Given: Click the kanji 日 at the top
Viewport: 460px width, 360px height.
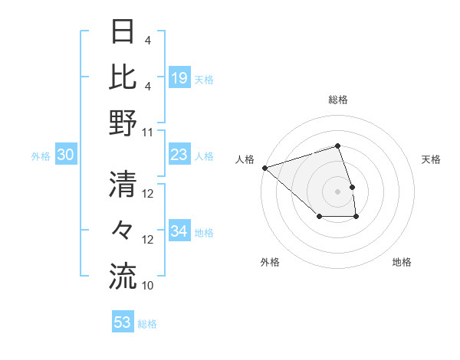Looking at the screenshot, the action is pos(122,31).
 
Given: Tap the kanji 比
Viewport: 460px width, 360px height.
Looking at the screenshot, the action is pos(122,77).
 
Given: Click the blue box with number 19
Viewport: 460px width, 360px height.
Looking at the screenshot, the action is pos(179,78).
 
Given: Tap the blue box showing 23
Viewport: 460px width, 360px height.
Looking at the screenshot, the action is pos(179,155).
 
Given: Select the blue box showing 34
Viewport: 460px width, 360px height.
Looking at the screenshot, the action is pos(179,231).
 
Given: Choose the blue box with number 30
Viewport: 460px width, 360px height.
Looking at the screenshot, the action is pos(66,155).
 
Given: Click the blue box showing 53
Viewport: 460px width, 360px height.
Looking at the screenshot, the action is pos(122,322).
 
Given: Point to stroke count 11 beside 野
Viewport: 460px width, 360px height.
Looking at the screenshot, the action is pos(148,132).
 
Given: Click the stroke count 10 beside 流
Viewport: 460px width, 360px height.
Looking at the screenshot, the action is pos(148,285).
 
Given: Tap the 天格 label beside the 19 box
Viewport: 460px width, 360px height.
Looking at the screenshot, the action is pos(204,79).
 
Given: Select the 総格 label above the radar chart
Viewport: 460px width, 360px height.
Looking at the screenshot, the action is pos(337,100).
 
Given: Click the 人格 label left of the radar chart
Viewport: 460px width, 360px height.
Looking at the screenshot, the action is pos(245,159).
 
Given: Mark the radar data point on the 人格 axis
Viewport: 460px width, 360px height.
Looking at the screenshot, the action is pos(264,167).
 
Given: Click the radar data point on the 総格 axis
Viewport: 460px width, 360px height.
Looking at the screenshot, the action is pos(337,146).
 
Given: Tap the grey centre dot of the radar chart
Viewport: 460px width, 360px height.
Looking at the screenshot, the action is pos(337,191).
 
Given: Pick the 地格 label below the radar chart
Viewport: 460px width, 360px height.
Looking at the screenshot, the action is pos(402,262).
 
